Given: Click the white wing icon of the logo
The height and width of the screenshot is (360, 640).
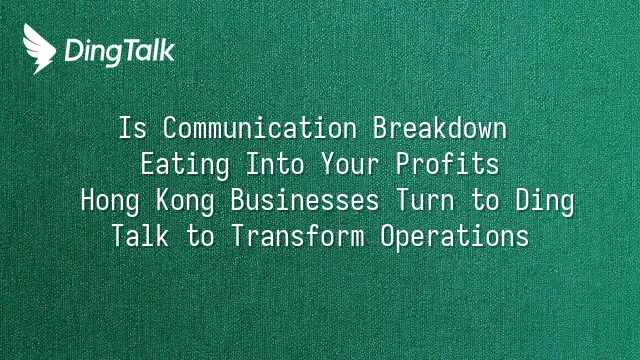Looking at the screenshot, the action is click(39, 49).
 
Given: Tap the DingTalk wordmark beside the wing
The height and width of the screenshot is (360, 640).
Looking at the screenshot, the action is click(120, 52).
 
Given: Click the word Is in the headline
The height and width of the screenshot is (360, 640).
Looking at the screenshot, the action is click(132, 128).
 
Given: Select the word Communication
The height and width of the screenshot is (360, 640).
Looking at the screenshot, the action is click(260, 128).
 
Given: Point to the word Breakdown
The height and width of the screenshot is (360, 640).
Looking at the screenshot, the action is click(440, 128).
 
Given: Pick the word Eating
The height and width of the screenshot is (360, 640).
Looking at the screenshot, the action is click(185, 165).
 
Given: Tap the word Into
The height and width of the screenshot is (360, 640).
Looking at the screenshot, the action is click(275, 164).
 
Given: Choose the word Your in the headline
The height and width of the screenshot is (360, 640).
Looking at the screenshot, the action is click(350, 164).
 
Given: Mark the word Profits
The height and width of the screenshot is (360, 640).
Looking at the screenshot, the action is click(447, 164).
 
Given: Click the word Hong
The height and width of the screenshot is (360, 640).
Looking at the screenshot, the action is click(110, 201).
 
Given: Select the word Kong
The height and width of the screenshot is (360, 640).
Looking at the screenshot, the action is click(185, 201).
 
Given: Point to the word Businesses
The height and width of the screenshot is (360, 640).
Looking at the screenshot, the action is click(305, 200).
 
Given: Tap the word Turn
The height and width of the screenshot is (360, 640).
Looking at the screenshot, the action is click(425, 200).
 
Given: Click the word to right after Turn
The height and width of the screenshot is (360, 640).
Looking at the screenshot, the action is click(485, 200).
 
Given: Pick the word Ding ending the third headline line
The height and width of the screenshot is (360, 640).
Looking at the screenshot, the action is click(545, 201).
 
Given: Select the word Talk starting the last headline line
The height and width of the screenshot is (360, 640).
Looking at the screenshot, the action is click(140, 236).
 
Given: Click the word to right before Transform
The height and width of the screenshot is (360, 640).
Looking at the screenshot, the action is click(200, 236).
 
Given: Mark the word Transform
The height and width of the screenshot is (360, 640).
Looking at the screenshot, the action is click(298, 236).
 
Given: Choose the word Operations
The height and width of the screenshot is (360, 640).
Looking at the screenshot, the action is click(455, 237).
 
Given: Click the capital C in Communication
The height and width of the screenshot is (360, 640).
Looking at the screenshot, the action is click(170, 128).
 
